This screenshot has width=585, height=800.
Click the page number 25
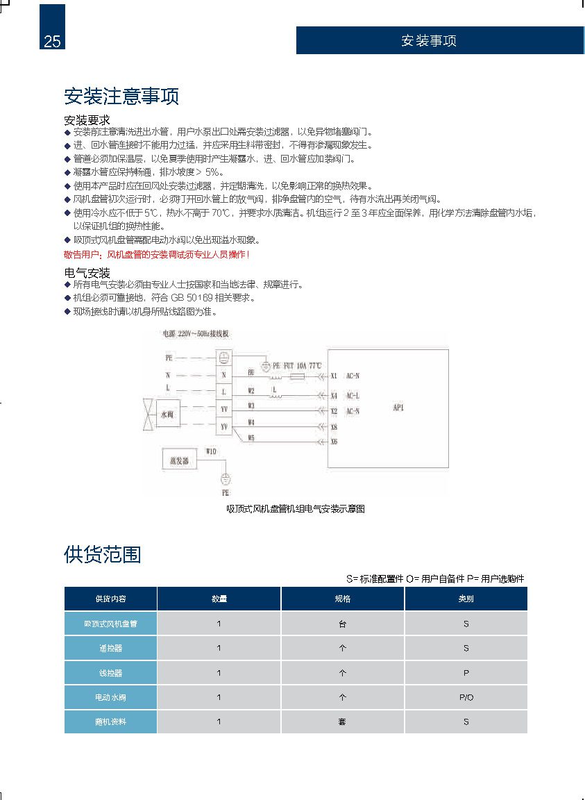pyautogui.click(x=52, y=41)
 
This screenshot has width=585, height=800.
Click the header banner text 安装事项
pyautogui.click(x=428, y=40)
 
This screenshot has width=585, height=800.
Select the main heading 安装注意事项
pyautogui.click(x=121, y=96)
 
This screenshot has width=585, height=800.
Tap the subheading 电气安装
pyautogui.click(x=87, y=273)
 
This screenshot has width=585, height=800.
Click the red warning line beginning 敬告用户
pyautogui.click(x=156, y=254)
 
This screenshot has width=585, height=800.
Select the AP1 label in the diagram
pyautogui.click(x=398, y=408)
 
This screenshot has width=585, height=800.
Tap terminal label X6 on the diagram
pyautogui.click(x=334, y=441)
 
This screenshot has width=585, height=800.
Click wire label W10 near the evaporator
pyautogui.click(x=211, y=451)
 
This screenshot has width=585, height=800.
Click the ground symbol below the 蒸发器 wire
pyautogui.click(x=225, y=479)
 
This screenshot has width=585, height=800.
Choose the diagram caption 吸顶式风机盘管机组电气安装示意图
pyautogui.click(x=296, y=509)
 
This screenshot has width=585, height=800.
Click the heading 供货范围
pyautogui.click(x=102, y=554)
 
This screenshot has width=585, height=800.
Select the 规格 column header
pyautogui.click(x=342, y=599)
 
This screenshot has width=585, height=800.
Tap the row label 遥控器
pyautogui.click(x=110, y=648)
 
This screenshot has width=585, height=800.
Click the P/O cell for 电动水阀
pyautogui.click(x=466, y=697)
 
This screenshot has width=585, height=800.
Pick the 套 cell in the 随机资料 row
pyautogui.click(x=342, y=722)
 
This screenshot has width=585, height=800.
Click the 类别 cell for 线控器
pyautogui.click(x=466, y=673)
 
